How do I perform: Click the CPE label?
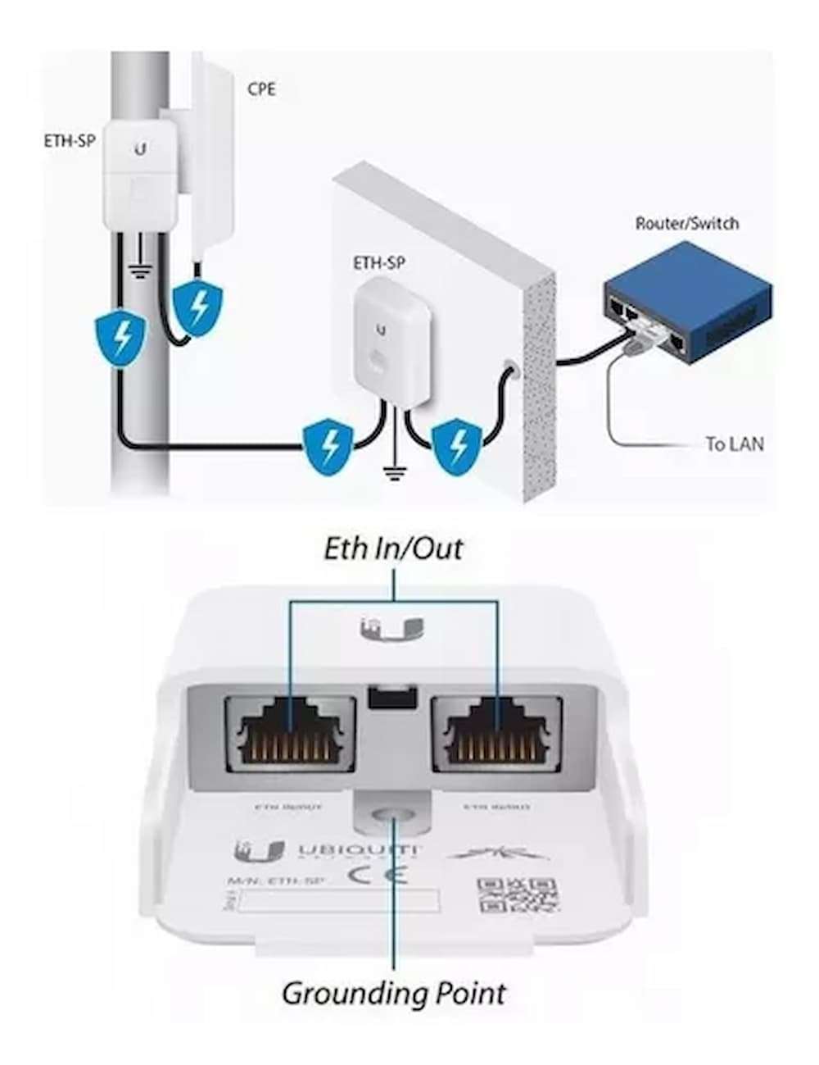[261, 88]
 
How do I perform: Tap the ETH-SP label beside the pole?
[70, 141]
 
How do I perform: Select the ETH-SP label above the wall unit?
[380, 263]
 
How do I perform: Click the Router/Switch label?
[686, 223]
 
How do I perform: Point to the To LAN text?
[735, 444]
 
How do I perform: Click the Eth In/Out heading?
[393, 548]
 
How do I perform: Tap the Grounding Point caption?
[393, 993]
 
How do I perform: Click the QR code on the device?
[518, 898]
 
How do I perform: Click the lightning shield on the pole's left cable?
[121, 337]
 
